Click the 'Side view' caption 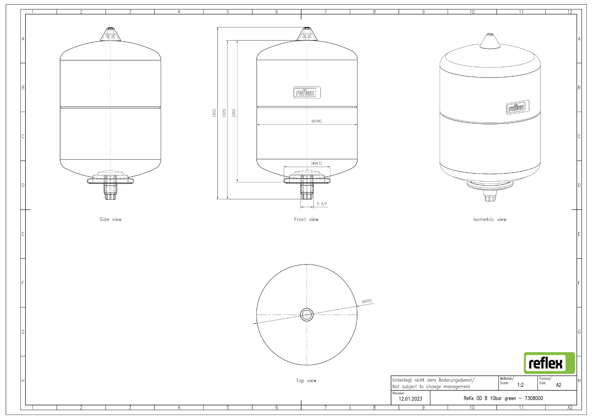point(110,219)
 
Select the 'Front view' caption point(306,219)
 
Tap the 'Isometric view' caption point(489,219)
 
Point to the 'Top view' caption point(306,381)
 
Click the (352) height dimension point(214,113)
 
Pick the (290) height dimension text point(234,113)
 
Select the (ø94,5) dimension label point(317,163)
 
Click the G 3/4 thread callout point(322,204)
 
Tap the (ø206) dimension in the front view point(316,121)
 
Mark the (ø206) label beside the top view point(367,301)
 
